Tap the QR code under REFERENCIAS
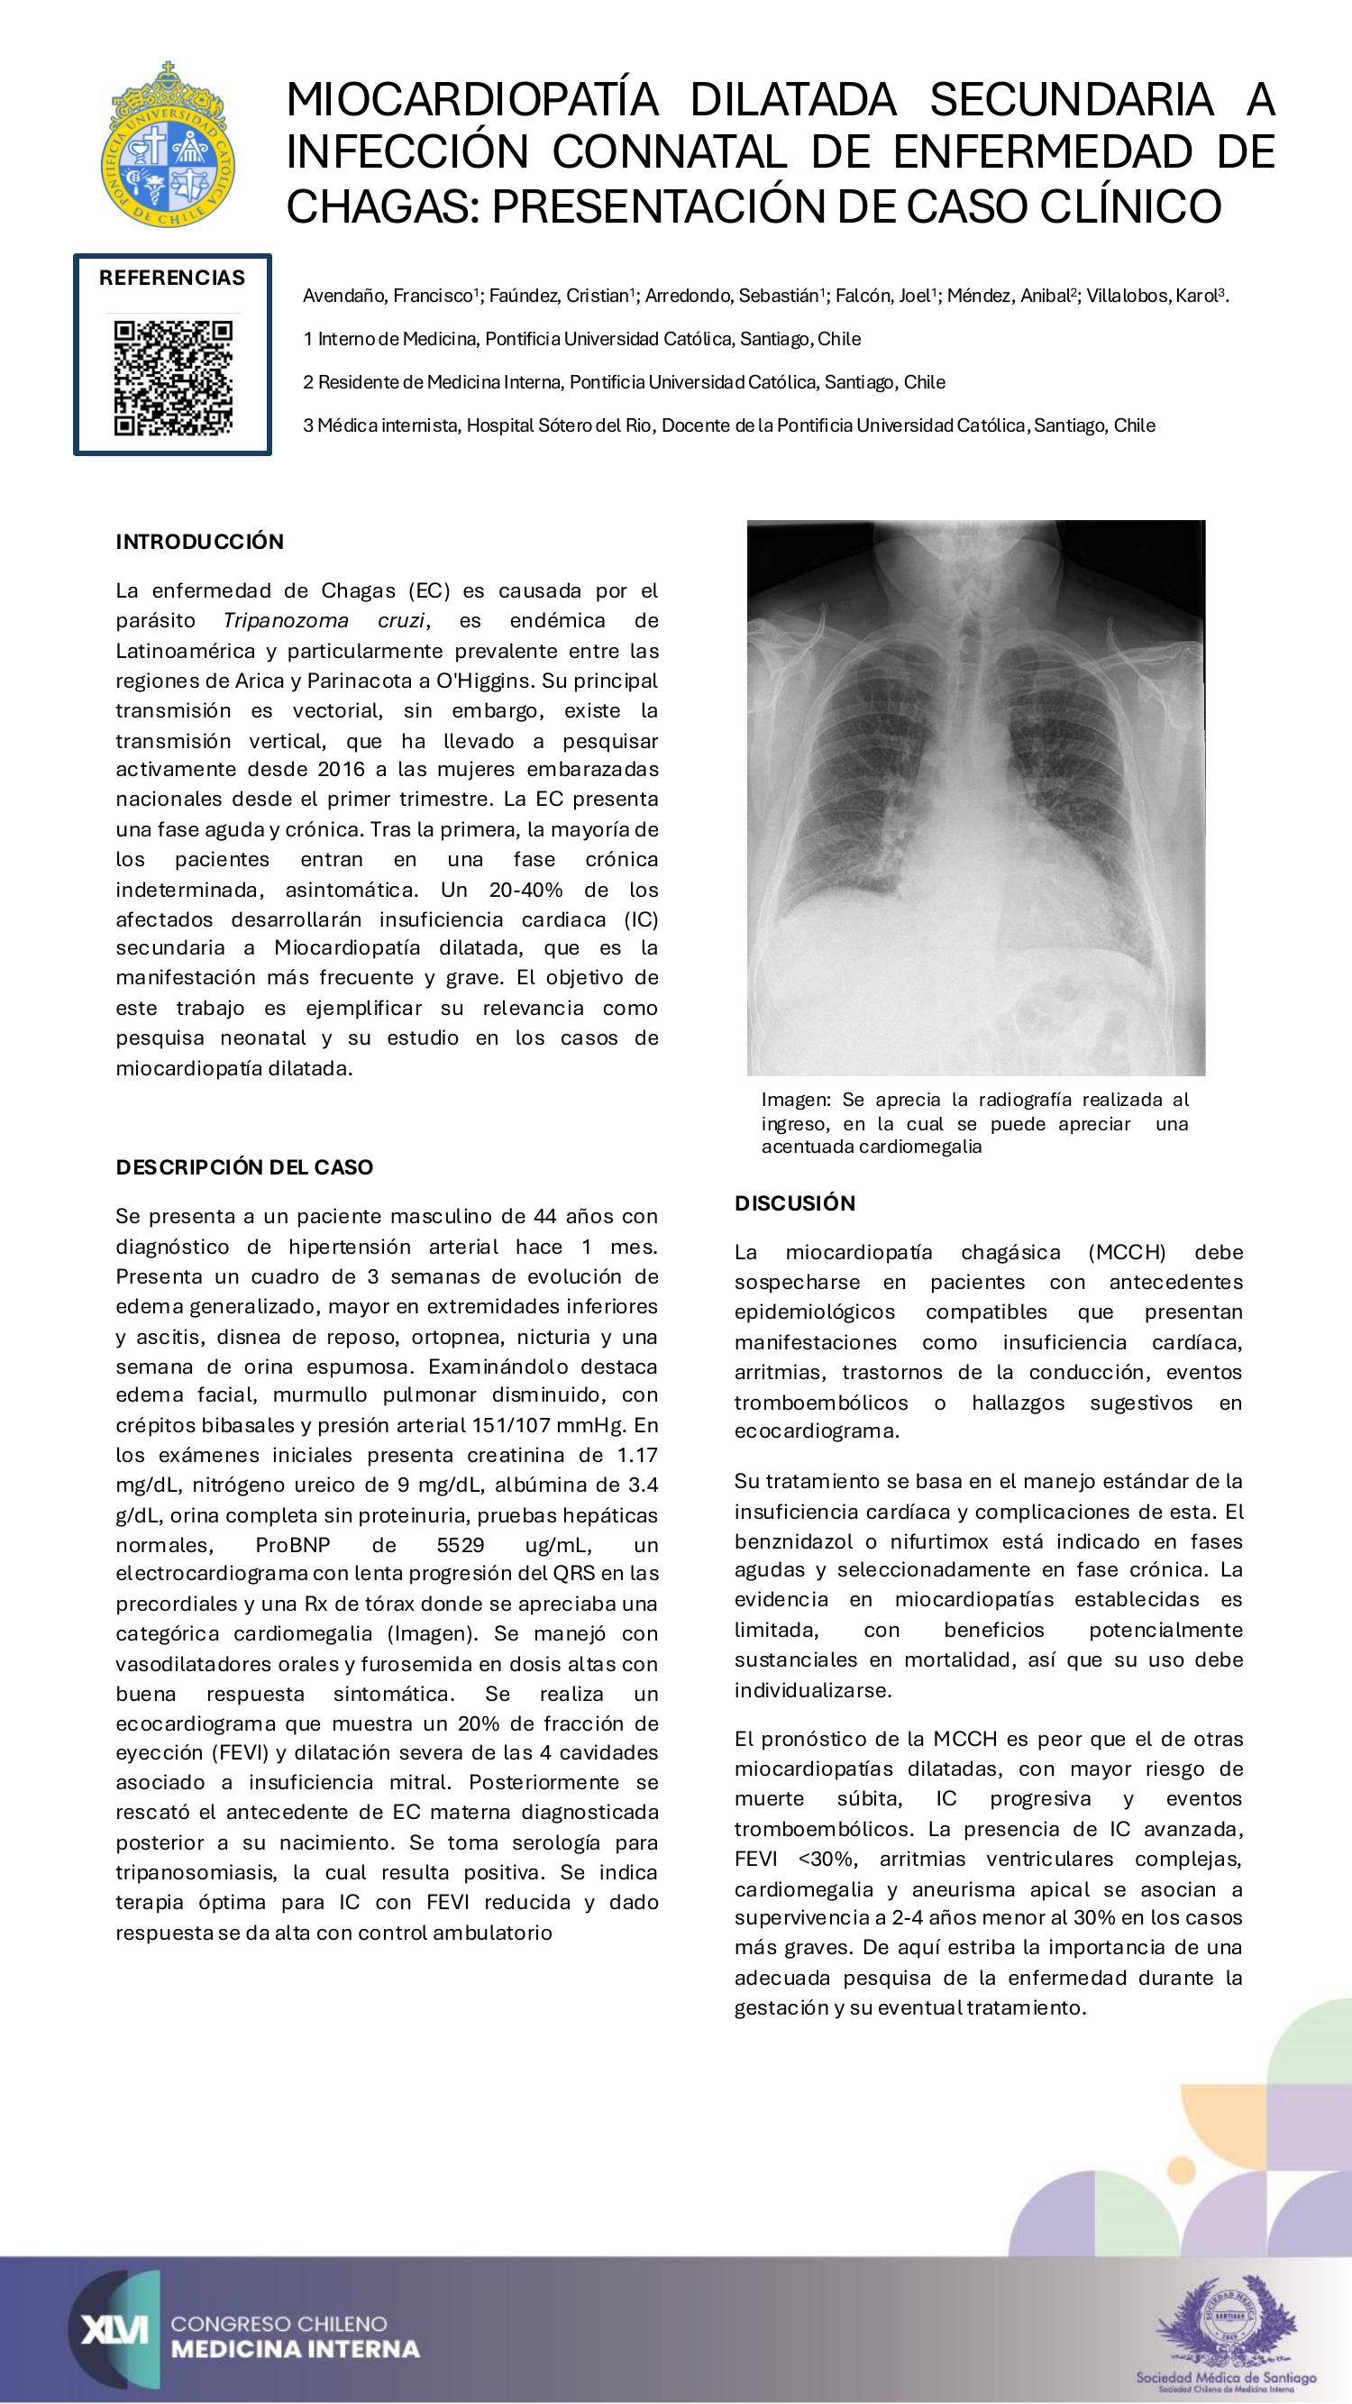(173, 378)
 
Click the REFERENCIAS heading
(173, 277)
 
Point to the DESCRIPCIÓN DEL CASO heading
(244, 1166)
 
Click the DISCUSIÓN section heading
(795, 1203)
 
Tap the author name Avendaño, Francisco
(390, 297)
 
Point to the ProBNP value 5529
(460, 1544)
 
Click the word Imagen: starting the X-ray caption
(796, 1101)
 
